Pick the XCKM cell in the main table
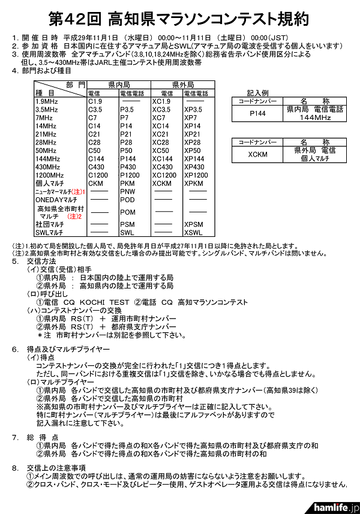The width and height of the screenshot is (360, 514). [162, 182]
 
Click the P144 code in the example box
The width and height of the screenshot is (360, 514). [256, 113]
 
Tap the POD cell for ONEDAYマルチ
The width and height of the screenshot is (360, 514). [127, 199]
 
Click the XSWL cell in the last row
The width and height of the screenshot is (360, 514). [193, 232]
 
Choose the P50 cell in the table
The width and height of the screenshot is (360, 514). [126, 151]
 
